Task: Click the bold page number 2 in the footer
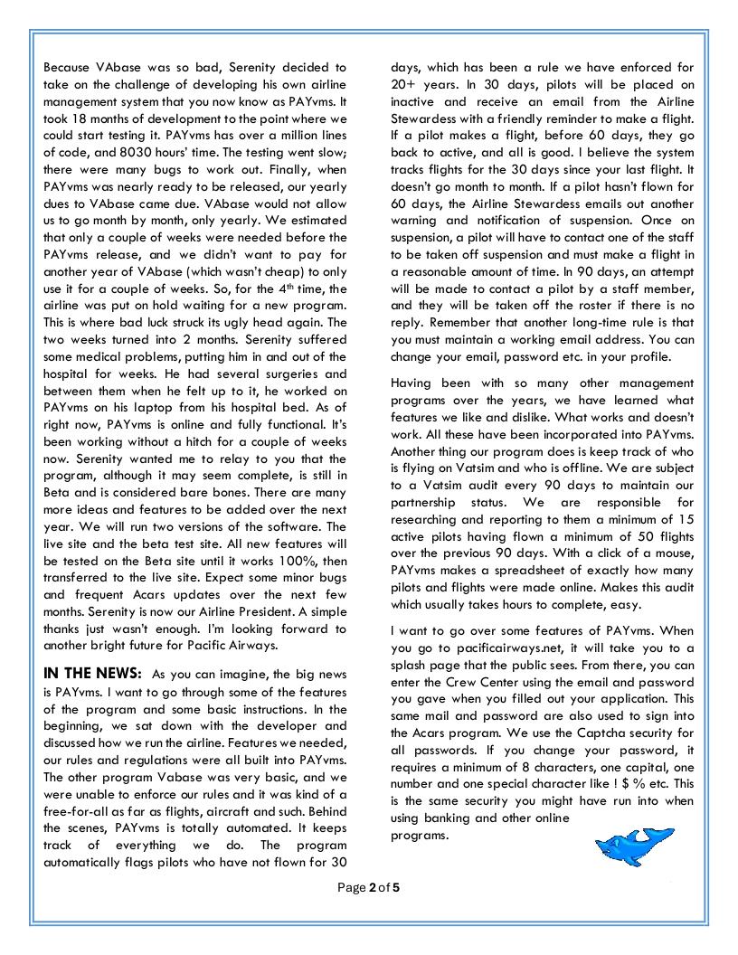[372, 887]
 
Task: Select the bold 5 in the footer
[396, 887]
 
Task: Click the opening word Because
[71, 67]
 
